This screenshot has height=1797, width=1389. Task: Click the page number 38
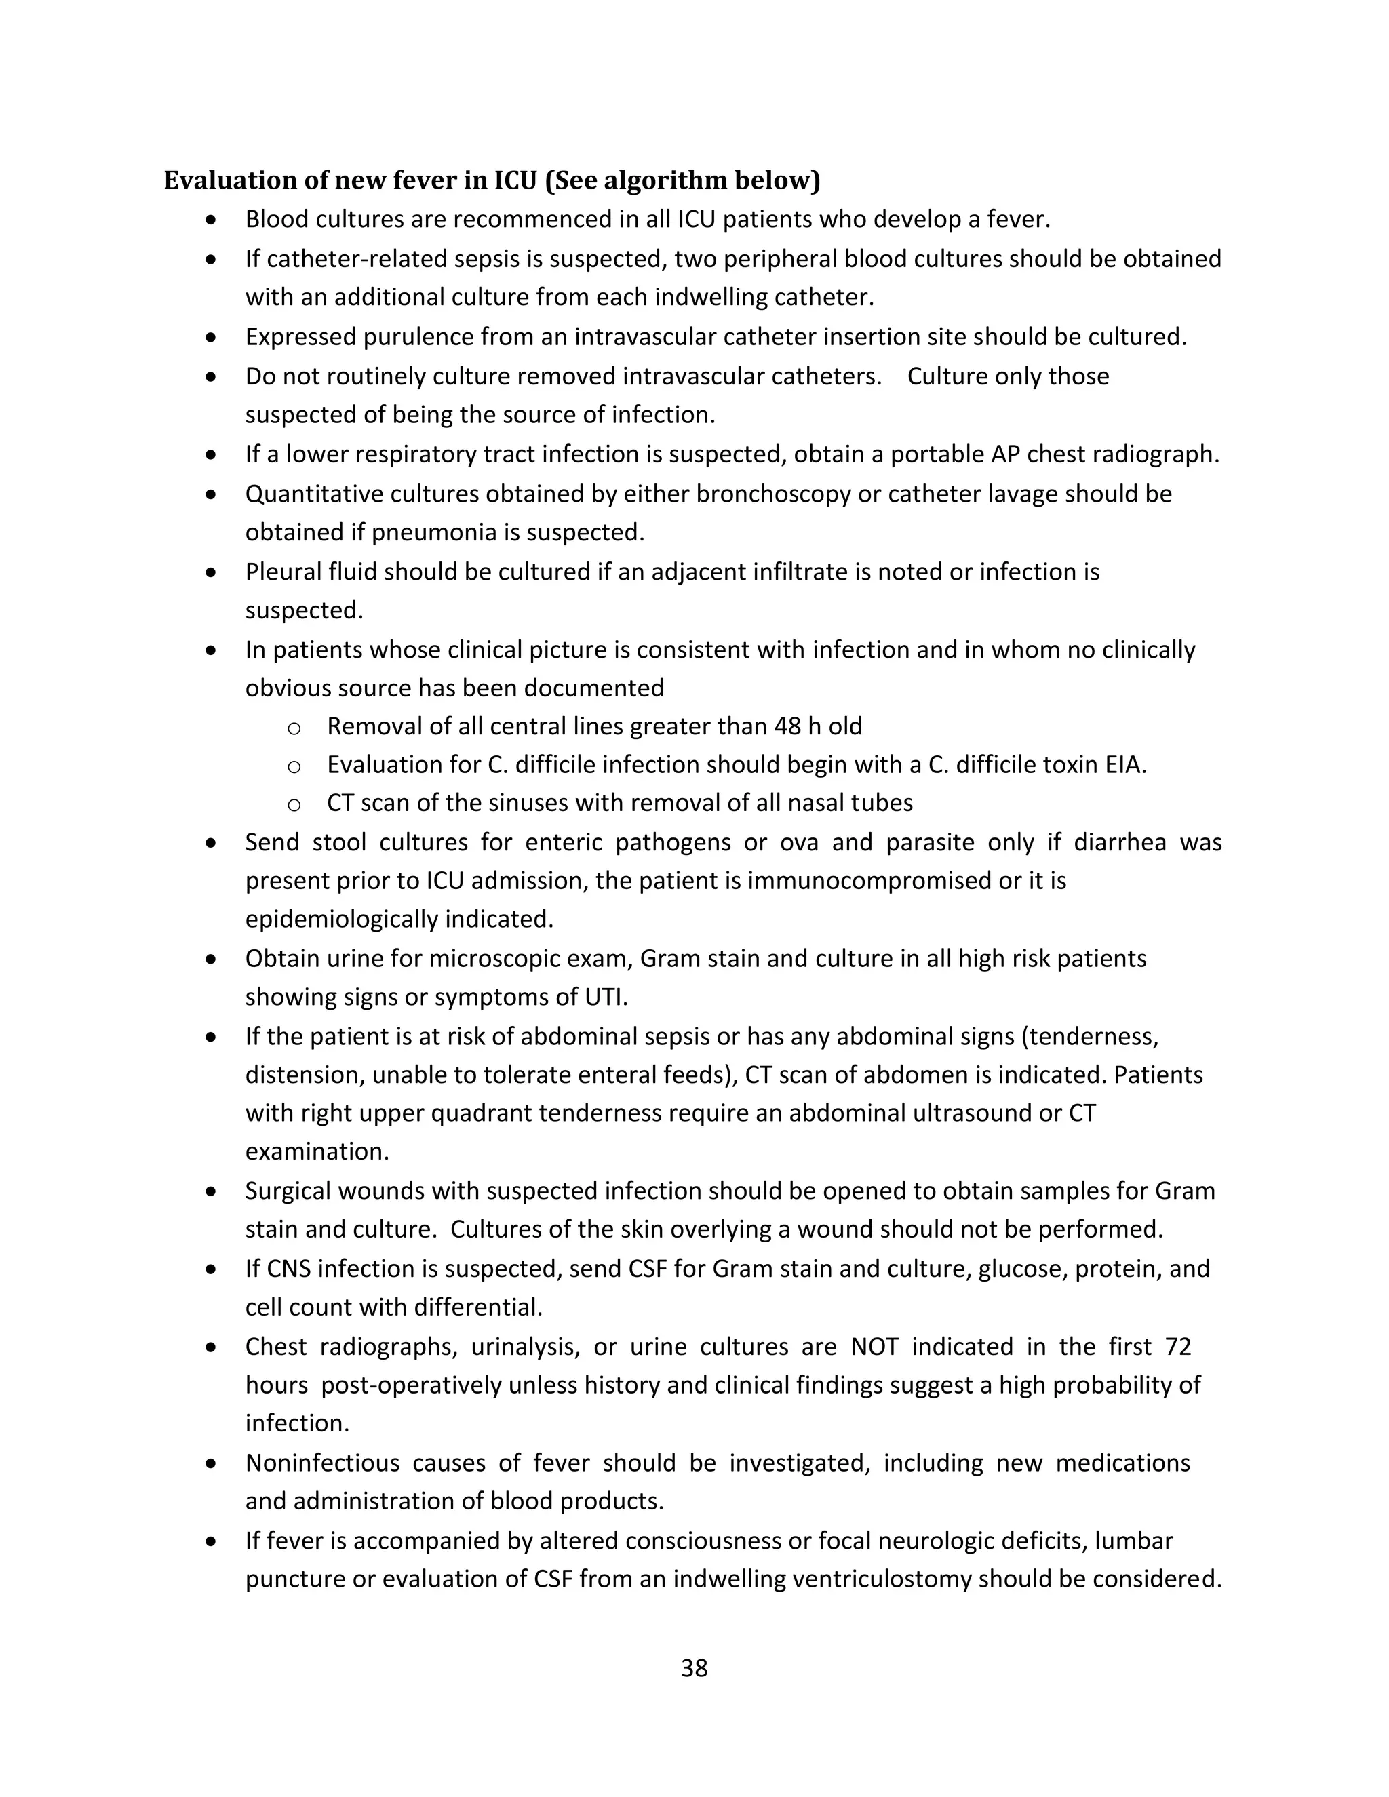point(694,1668)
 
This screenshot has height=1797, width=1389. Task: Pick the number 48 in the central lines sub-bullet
point(787,726)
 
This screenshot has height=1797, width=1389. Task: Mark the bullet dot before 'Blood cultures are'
point(212,220)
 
